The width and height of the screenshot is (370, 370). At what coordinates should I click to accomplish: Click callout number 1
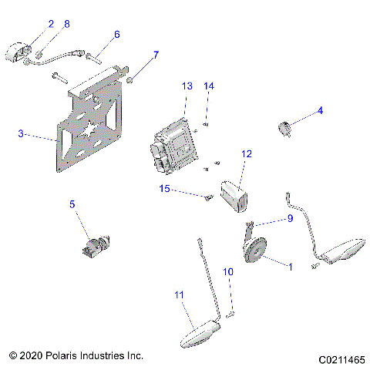[290, 267]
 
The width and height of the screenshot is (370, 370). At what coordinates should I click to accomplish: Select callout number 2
[51, 24]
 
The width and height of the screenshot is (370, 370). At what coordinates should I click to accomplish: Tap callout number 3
[21, 133]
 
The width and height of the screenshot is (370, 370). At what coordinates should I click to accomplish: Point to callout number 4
[320, 110]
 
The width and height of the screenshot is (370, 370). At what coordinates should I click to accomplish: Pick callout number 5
[72, 204]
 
